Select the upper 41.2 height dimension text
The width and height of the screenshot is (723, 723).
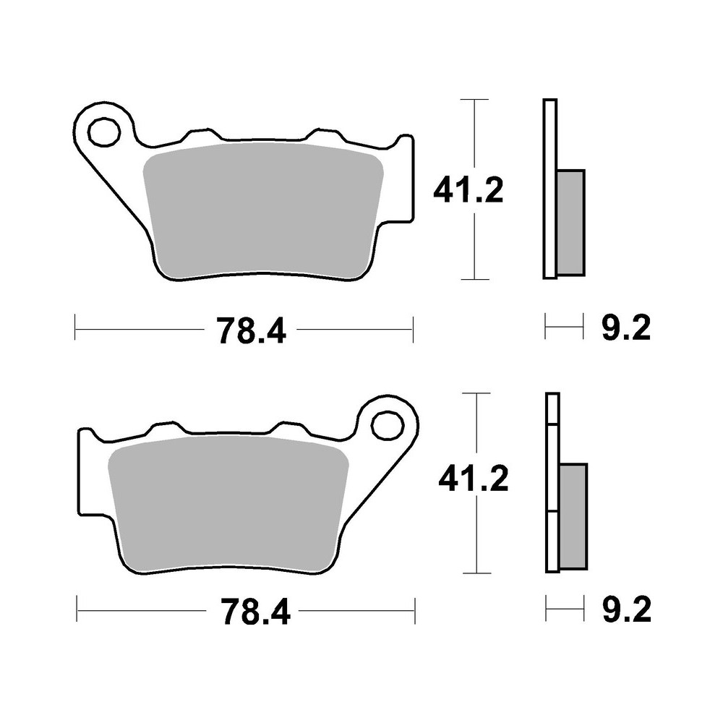pyautogui.click(x=468, y=191)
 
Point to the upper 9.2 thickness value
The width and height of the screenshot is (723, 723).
pyautogui.click(x=625, y=330)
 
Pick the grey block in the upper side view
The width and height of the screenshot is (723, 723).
pyautogui.click(x=571, y=222)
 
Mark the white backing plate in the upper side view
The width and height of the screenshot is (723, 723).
pyautogui.click(x=549, y=188)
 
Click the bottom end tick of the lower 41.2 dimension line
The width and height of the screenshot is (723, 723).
pyautogui.click(x=475, y=571)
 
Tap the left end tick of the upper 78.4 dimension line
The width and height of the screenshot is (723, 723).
pyautogui.click(x=75, y=330)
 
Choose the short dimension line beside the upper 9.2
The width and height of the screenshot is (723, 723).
pyautogui.click(x=563, y=330)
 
